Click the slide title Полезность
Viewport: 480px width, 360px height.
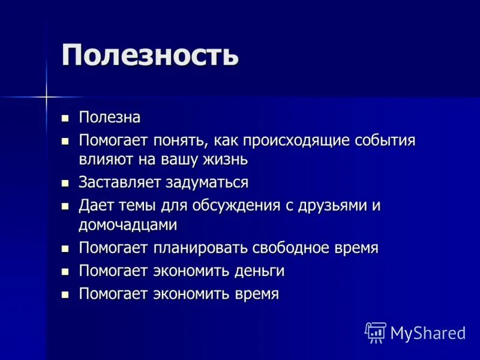[150, 55]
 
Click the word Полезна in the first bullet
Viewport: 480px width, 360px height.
[110, 118]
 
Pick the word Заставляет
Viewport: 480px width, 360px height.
[120, 182]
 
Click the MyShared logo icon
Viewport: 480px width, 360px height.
[376, 332]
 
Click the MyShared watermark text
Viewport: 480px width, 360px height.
[428, 332]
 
